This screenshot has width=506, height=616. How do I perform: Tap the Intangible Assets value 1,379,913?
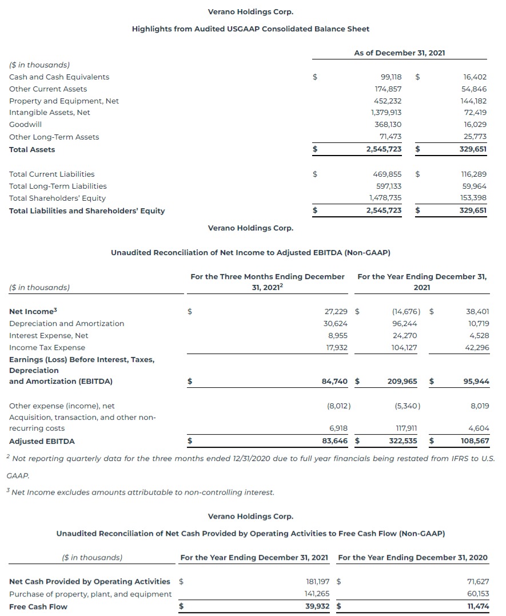(386, 113)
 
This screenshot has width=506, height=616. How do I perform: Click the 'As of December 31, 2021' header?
(399, 53)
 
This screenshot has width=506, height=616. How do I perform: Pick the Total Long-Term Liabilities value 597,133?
(387, 186)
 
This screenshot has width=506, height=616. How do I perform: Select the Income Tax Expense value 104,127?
(407, 348)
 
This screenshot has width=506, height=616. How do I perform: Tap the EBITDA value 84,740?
(335, 381)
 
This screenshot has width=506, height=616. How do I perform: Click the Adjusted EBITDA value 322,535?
(403, 441)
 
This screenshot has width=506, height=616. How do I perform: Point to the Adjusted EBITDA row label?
(42, 441)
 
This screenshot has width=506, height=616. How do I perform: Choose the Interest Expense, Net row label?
(49, 336)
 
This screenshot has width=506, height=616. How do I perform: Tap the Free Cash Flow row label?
(38, 606)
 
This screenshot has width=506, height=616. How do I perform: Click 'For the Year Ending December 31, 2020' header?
(413, 557)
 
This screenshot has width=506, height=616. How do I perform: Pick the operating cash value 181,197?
(318, 582)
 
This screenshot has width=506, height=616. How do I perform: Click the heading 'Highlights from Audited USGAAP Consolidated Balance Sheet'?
(250, 29)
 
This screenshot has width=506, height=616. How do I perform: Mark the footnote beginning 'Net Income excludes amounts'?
(141, 492)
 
